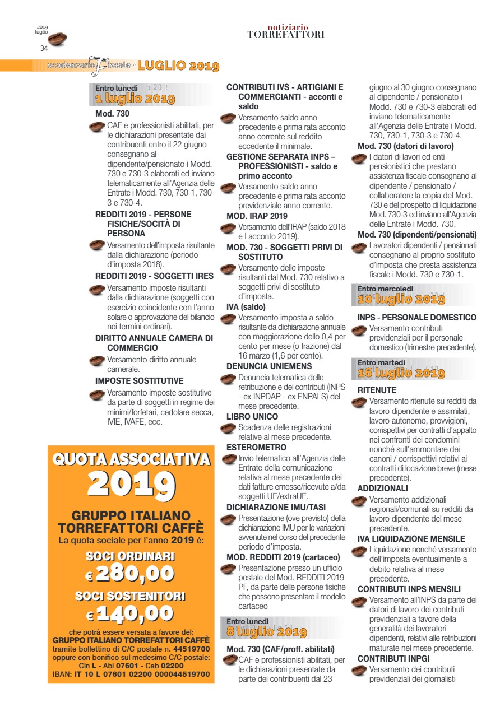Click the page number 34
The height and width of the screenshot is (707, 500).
(x=44, y=49)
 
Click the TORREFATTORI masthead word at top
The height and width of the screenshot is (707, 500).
(x=286, y=35)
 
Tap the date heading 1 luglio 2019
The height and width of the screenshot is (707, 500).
(x=135, y=100)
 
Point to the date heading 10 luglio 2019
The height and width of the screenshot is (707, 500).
(x=401, y=299)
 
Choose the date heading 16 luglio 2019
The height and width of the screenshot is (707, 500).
(x=401, y=373)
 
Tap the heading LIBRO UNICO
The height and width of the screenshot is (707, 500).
(x=252, y=417)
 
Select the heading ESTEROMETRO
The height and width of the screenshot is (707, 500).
(x=256, y=447)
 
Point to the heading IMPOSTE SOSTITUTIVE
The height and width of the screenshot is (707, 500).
(x=140, y=381)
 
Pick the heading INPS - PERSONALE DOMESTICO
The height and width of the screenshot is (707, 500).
(x=417, y=318)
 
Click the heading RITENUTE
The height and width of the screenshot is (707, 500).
(x=377, y=390)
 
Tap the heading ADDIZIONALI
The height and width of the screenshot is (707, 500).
(x=383, y=489)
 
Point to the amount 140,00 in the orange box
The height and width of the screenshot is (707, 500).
(x=135, y=613)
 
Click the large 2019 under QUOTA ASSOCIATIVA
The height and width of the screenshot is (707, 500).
(x=131, y=484)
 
